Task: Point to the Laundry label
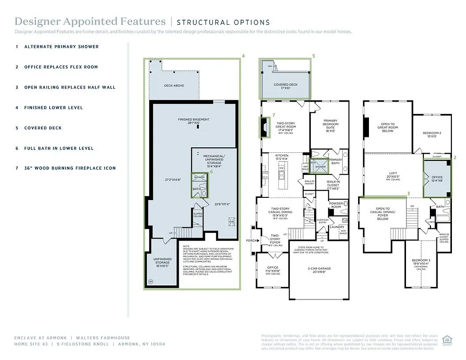[x=337, y=227]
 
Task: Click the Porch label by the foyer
[x=251, y=240]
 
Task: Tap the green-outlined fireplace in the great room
[x=265, y=127]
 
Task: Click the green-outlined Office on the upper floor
[x=436, y=179]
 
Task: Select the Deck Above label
[x=174, y=86]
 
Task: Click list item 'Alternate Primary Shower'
[x=61, y=47]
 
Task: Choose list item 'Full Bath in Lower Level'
[x=59, y=148]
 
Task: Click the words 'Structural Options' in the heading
[x=223, y=22]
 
